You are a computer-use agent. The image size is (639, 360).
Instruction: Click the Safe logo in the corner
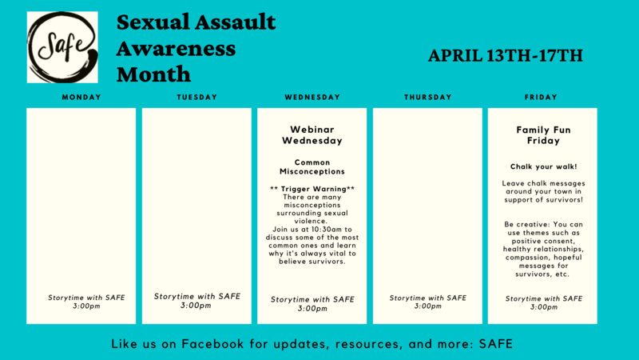(62, 47)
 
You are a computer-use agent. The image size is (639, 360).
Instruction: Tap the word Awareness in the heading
(176, 49)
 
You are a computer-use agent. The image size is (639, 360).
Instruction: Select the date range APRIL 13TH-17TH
(506, 55)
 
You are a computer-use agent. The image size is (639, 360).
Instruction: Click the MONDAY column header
(81, 97)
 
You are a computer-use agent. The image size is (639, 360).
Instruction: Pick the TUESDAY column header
(197, 97)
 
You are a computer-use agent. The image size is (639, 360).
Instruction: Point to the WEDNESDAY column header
(312, 97)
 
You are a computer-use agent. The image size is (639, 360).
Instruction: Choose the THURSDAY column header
(428, 97)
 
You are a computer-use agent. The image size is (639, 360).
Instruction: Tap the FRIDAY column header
(541, 97)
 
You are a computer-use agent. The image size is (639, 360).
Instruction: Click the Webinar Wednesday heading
(312, 135)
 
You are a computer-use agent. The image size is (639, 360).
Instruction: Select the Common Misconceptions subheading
(312, 167)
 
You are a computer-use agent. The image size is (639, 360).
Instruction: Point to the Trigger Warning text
(312, 189)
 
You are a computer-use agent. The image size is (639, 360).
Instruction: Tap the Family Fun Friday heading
(543, 135)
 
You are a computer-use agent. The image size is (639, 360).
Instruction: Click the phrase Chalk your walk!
(544, 166)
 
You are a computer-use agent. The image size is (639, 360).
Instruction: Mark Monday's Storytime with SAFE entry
(86, 302)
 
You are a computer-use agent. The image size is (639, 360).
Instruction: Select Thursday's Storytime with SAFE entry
(428, 302)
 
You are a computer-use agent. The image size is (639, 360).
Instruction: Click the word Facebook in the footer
(212, 344)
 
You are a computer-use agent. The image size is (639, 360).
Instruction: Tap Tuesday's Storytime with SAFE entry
(196, 301)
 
